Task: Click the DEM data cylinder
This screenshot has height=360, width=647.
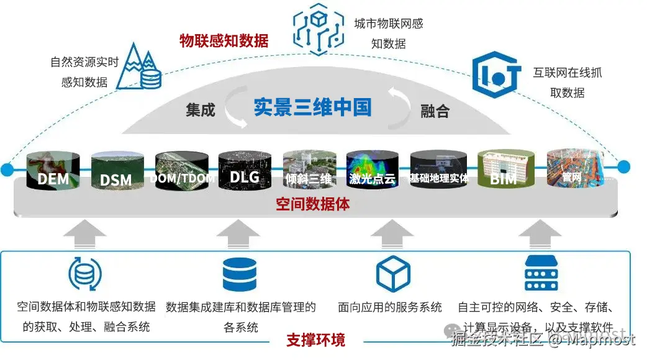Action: tap(53, 169)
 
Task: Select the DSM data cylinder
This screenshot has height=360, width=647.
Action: tap(117, 169)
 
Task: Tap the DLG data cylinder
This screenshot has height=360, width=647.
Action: tap(244, 169)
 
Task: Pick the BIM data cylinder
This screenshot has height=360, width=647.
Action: tap(503, 169)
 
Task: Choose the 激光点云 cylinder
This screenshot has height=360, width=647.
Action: tap(373, 169)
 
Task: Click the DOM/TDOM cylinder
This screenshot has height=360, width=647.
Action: tap(181, 169)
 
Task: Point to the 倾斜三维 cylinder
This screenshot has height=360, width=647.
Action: tap(309, 169)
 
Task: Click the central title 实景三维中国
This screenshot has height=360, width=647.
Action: tap(312, 107)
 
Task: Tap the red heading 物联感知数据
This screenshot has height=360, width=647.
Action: tap(224, 41)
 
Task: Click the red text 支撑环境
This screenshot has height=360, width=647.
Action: tap(315, 340)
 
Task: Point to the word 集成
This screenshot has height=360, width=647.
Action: tap(200, 110)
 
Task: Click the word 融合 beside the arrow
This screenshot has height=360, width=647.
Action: tap(435, 111)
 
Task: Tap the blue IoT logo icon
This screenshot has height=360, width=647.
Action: tap(495, 76)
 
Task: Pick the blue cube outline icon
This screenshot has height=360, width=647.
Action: tap(393, 274)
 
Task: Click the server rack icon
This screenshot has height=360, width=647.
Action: tap(541, 273)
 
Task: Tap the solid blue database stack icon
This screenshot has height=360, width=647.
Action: tap(240, 274)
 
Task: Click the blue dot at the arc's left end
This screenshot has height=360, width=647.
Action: tap(7, 168)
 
